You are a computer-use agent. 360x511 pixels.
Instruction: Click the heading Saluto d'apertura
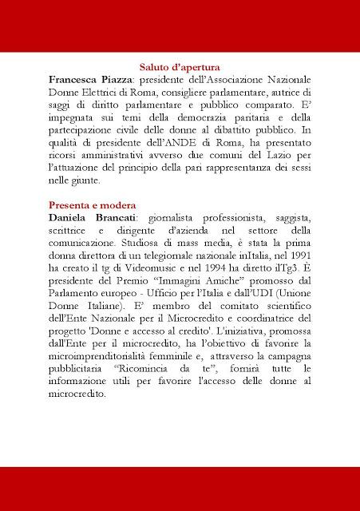click(180, 69)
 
